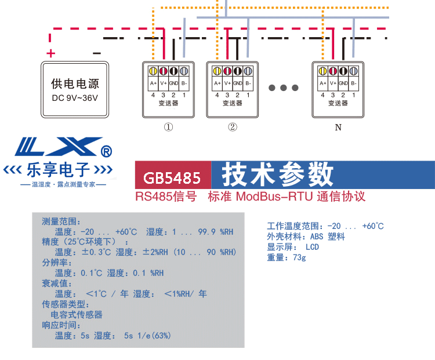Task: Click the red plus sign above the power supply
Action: click(x=51, y=54)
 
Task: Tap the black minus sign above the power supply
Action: click(x=96, y=53)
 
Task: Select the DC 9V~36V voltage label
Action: click(x=75, y=97)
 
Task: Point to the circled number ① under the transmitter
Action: click(x=168, y=127)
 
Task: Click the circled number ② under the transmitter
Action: click(x=233, y=127)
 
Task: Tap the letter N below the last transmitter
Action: click(x=338, y=128)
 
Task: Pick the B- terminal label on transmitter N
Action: click(x=354, y=83)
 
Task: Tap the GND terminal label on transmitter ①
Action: click(x=173, y=83)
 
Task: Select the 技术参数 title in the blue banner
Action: click(x=278, y=174)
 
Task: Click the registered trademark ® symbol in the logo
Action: click(x=107, y=152)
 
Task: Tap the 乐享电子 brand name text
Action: click(x=57, y=170)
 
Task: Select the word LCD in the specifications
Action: click(x=312, y=247)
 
